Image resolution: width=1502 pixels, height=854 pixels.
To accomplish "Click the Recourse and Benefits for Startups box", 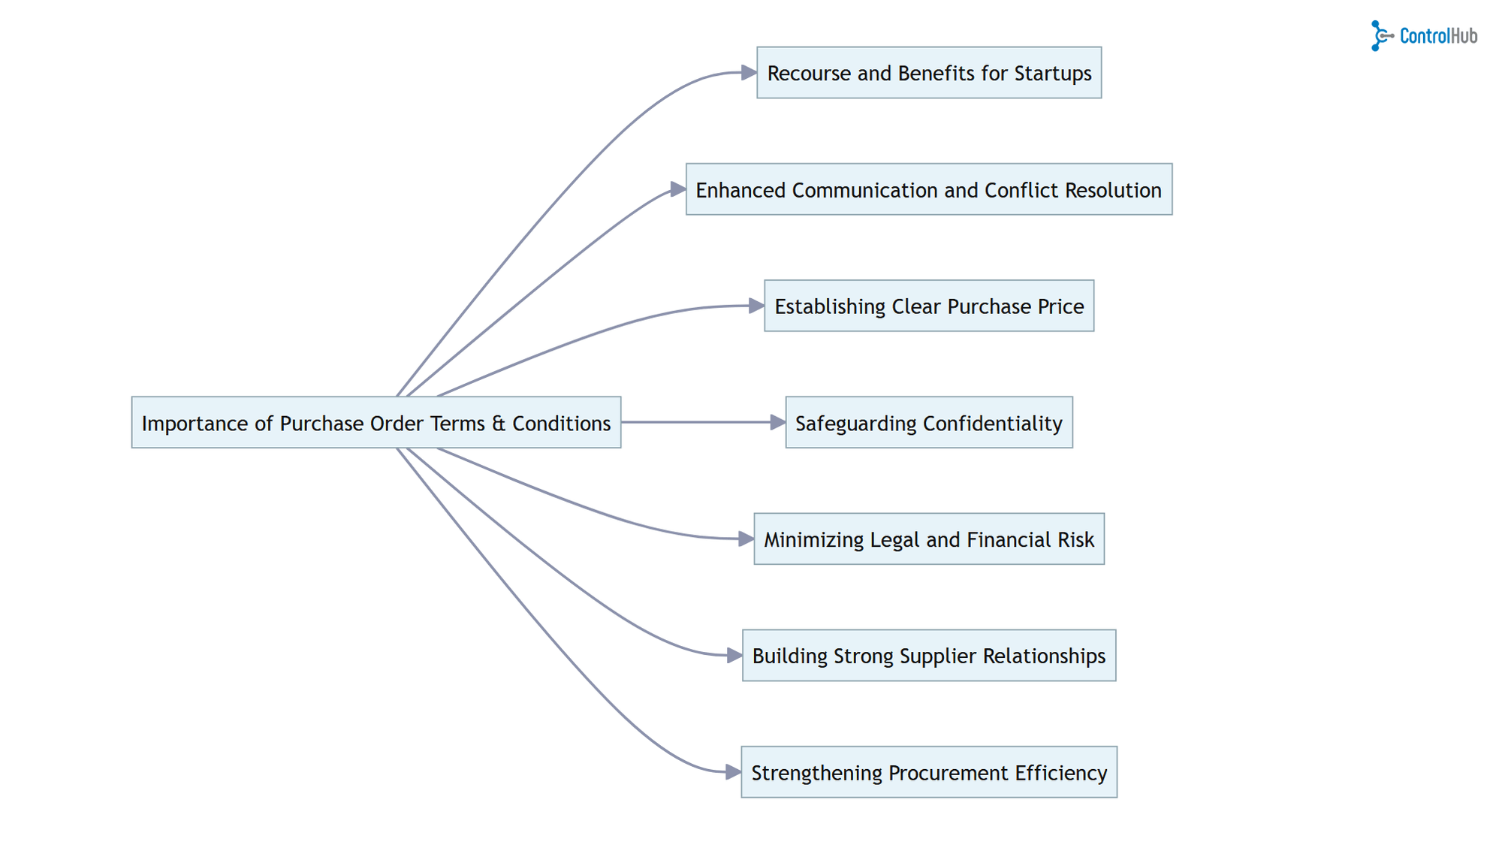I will coord(929,73).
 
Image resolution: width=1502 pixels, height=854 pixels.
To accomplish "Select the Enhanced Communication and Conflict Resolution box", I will coord(929,189).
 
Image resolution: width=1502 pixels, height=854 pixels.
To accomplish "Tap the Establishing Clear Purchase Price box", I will coord(929,306).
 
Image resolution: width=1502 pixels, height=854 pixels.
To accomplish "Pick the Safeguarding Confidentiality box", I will coord(929,423).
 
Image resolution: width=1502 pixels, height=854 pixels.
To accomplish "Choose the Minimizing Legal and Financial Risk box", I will coord(929,539).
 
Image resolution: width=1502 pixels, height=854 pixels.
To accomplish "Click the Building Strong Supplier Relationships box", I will coord(929,656).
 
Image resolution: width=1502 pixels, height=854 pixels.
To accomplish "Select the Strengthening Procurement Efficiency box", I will coord(929,772).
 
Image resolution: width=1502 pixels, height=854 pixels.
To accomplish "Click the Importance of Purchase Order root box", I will coord(375,423).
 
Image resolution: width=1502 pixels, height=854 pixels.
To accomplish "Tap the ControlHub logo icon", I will coord(1380,35).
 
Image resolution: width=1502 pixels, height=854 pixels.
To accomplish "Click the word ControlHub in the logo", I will coord(1438,36).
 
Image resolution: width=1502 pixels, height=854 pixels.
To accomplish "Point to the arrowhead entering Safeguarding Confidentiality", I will coord(778,423).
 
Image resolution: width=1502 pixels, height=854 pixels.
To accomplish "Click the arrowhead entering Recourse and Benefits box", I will coord(749,72).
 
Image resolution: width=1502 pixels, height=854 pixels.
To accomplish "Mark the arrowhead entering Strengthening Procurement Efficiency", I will coord(734,771).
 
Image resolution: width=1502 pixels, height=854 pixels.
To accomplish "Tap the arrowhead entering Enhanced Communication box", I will coord(678,189).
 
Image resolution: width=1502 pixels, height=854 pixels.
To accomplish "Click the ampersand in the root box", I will coord(499,424).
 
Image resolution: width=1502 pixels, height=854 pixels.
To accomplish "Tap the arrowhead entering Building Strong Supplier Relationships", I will coord(734,656).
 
